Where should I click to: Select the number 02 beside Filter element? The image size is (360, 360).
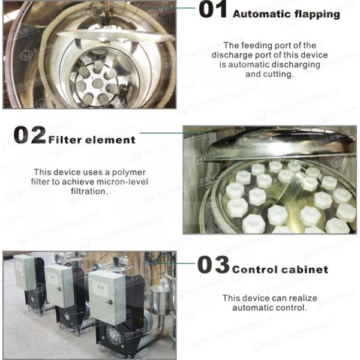pos(29,136)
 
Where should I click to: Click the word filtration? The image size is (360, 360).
pos(87,191)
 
